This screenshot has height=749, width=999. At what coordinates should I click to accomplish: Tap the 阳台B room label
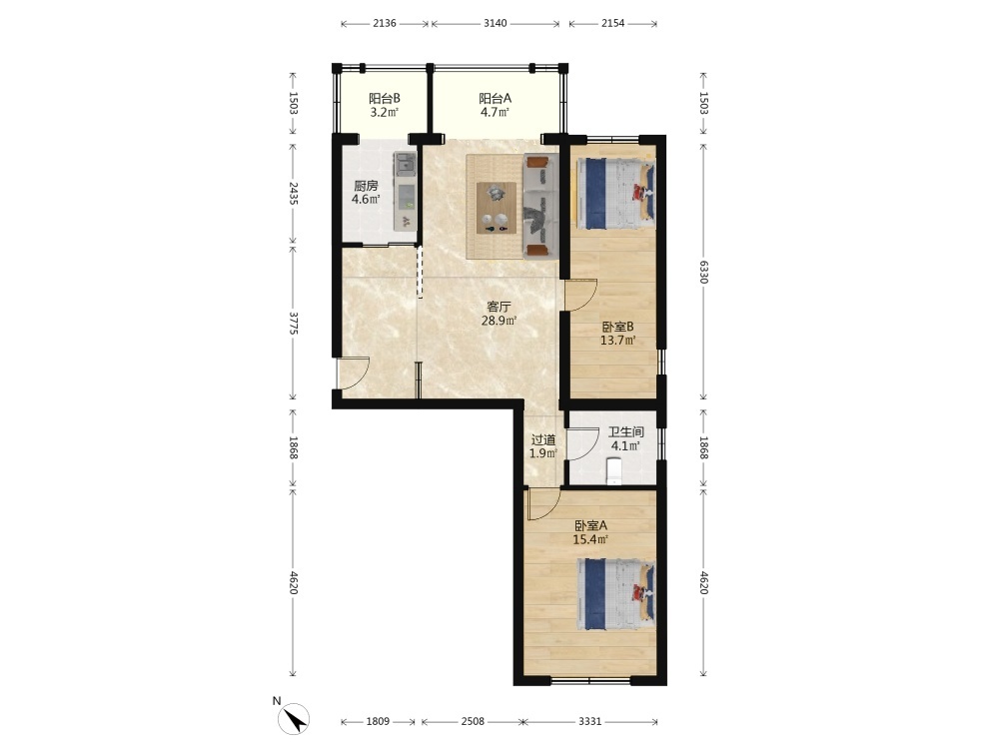click(x=385, y=106)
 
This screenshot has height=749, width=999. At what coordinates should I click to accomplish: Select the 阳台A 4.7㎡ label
click(x=496, y=106)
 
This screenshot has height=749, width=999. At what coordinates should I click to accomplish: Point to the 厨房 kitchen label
click(x=366, y=193)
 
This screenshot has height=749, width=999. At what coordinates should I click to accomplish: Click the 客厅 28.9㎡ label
click(x=499, y=314)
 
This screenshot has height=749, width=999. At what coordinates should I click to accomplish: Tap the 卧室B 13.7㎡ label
click(x=618, y=334)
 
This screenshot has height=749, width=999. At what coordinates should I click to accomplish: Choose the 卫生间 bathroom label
click(x=625, y=438)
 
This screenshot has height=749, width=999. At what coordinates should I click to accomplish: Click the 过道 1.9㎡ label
click(x=543, y=446)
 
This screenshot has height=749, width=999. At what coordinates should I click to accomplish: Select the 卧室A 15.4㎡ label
click(x=590, y=533)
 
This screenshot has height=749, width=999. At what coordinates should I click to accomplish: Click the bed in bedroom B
click(x=615, y=193)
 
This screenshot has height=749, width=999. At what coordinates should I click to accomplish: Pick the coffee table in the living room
click(x=497, y=208)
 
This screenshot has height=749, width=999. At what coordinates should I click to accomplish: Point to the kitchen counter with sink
click(x=406, y=191)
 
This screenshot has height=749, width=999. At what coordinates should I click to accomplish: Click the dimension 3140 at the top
click(x=496, y=24)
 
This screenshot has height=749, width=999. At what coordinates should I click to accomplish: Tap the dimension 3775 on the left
click(x=293, y=323)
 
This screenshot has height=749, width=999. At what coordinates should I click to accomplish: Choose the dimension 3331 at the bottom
click(x=590, y=722)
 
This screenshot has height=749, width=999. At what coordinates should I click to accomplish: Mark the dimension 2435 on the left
click(x=293, y=193)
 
